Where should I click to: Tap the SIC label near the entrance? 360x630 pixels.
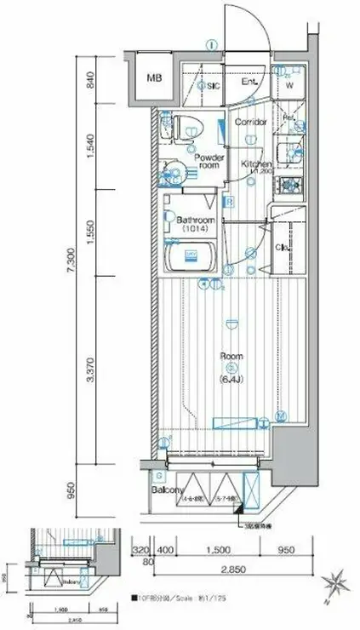coord(214,85)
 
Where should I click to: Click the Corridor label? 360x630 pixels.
coord(251,123)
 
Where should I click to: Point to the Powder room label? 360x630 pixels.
coord(209,162)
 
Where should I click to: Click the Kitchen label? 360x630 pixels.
coord(255,163)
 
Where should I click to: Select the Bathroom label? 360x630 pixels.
coord(194,220)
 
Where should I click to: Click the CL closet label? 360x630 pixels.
coord(282,248)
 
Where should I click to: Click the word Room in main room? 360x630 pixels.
coord(231,356)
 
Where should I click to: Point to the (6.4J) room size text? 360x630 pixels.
coord(231,367)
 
